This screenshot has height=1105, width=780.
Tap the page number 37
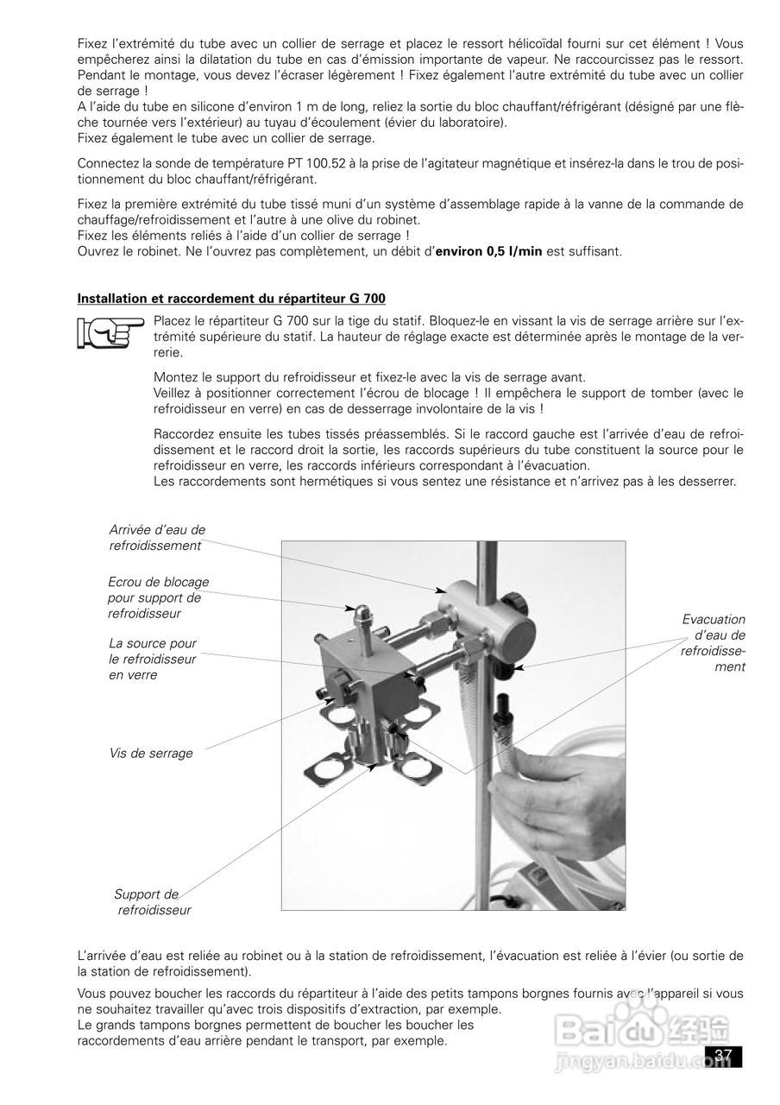point(723,1056)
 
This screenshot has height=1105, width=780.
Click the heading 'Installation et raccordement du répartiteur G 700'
point(231,299)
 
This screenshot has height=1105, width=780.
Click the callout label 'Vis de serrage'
point(151,753)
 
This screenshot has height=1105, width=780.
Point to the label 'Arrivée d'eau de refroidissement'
point(157,537)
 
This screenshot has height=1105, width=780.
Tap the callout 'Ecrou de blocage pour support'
point(158,597)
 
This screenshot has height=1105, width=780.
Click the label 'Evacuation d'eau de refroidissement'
point(714,643)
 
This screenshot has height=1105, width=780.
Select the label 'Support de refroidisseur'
point(152,901)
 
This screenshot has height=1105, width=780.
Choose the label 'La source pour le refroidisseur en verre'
point(153,659)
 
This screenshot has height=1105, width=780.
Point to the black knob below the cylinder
point(504,669)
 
